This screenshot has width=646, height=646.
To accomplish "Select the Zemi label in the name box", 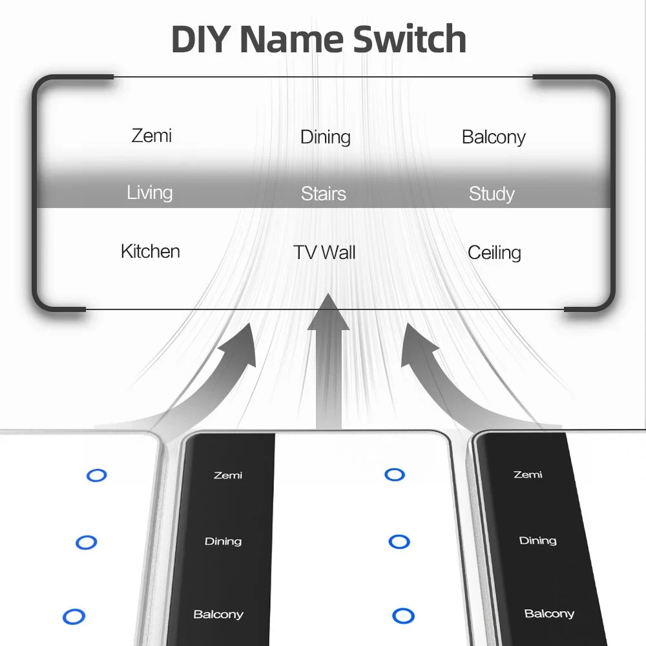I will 152,136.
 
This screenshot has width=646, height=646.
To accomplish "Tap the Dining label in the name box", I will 326,137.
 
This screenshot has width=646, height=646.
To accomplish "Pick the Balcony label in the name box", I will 494,137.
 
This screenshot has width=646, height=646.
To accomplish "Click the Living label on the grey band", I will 150,193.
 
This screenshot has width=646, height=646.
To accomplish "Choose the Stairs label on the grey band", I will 324,194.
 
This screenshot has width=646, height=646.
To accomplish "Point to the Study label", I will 492,194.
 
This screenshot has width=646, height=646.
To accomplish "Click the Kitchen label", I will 151,251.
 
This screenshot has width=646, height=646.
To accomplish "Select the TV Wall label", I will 324,252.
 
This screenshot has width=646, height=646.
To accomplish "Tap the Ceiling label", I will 494,253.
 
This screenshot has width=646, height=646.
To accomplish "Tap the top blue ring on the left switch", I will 96,475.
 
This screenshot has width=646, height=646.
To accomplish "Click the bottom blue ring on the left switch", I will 74,616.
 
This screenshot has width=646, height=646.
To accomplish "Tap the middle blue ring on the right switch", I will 399,541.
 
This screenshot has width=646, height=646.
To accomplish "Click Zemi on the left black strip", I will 228,475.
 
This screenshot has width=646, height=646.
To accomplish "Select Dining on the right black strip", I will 537,541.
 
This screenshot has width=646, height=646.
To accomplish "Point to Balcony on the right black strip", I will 549,614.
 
